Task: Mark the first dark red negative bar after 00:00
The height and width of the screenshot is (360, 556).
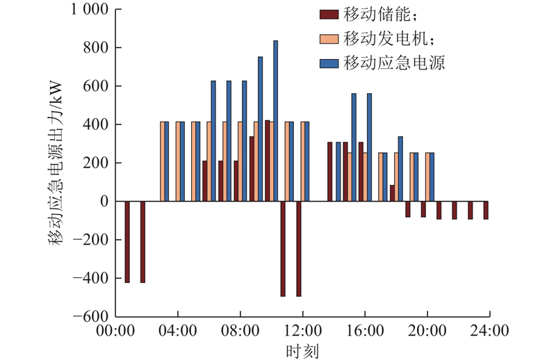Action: pyautogui.click(x=127, y=242)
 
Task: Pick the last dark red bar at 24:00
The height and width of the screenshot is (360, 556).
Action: pyautogui.click(x=486, y=210)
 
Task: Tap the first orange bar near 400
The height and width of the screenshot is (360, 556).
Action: pyautogui.click(x=163, y=161)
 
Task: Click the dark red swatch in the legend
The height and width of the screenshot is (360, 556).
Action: pyautogui.click(x=327, y=14)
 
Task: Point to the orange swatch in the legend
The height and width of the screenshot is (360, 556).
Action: pyautogui.click(x=327, y=38)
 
